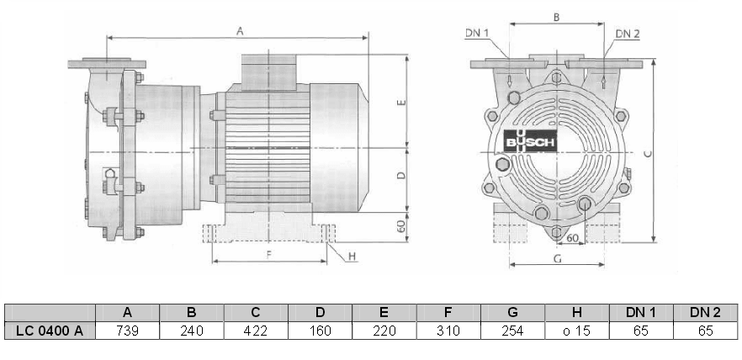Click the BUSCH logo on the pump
click(530, 143)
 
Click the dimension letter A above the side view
click(240, 31)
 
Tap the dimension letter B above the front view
click(556, 17)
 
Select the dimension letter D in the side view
click(400, 176)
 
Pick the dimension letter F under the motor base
click(268, 253)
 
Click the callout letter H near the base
click(352, 256)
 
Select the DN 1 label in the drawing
click(476, 33)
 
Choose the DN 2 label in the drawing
click(627, 33)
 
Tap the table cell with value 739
click(128, 331)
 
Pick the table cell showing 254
click(511, 331)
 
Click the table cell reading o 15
click(575, 331)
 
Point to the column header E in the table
click(384, 312)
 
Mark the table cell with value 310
click(448, 331)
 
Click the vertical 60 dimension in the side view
click(401, 225)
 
